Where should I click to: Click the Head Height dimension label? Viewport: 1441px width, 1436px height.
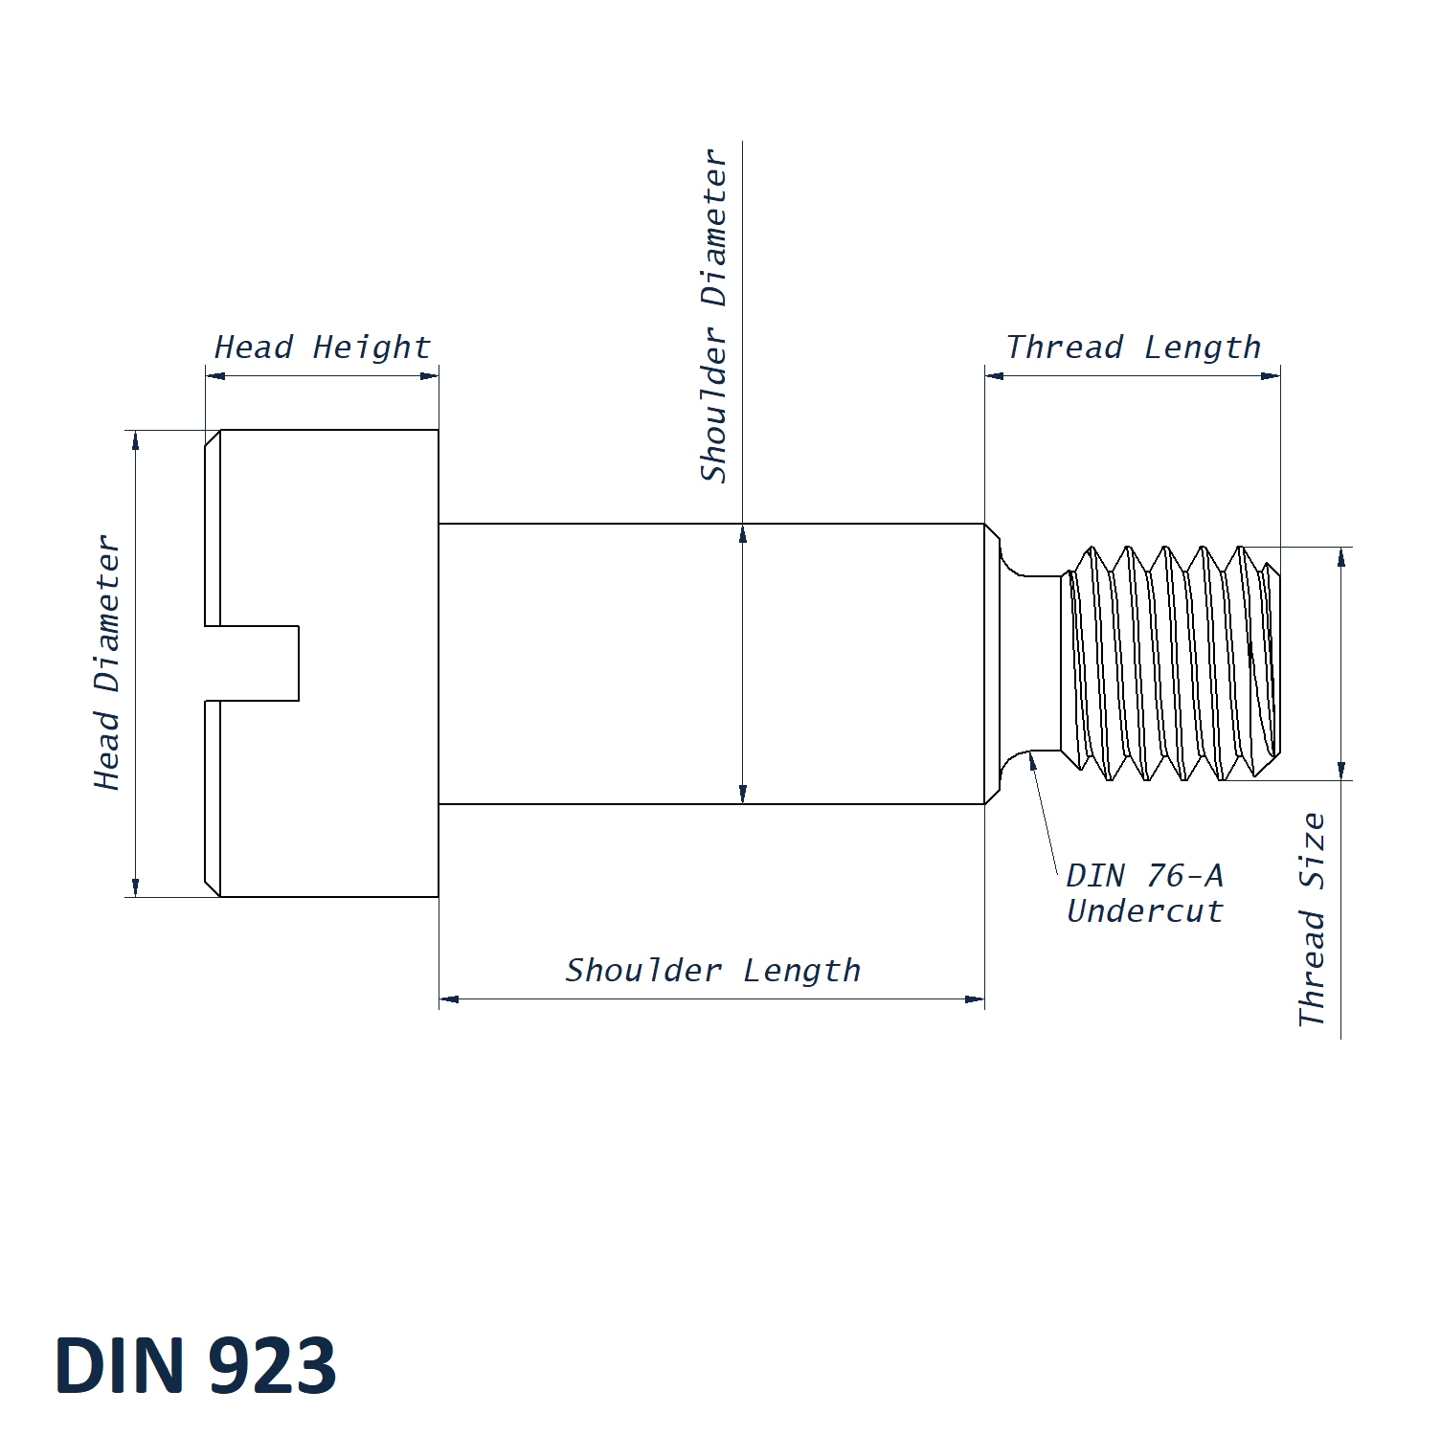click(x=323, y=348)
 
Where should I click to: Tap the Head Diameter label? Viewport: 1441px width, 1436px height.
click(x=107, y=662)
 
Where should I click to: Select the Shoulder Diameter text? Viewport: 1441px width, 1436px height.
click(x=714, y=316)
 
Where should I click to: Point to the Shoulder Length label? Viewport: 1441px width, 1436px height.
click(x=712, y=971)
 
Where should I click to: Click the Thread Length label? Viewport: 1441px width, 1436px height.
click(x=1134, y=348)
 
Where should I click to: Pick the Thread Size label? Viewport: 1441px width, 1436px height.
click(x=1313, y=919)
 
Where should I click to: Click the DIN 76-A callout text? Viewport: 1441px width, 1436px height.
click(x=1144, y=875)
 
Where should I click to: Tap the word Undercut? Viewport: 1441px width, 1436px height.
click(x=1145, y=911)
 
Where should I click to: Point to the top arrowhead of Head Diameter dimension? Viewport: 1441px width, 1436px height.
click(x=136, y=439)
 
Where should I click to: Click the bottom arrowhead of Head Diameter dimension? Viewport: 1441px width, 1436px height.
click(x=136, y=887)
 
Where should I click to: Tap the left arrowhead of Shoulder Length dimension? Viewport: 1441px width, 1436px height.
click(x=449, y=999)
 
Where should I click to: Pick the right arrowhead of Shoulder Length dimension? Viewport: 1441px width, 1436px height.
click(x=975, y=999)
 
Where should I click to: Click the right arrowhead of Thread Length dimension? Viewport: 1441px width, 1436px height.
click(x=1271, y=375)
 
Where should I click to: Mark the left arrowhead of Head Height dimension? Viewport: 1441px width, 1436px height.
click(x=215, y=375)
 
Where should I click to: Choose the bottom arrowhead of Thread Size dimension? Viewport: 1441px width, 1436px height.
click(x=1341, y=771)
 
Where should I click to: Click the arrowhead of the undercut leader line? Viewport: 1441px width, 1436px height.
click(x=1032, y=760)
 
